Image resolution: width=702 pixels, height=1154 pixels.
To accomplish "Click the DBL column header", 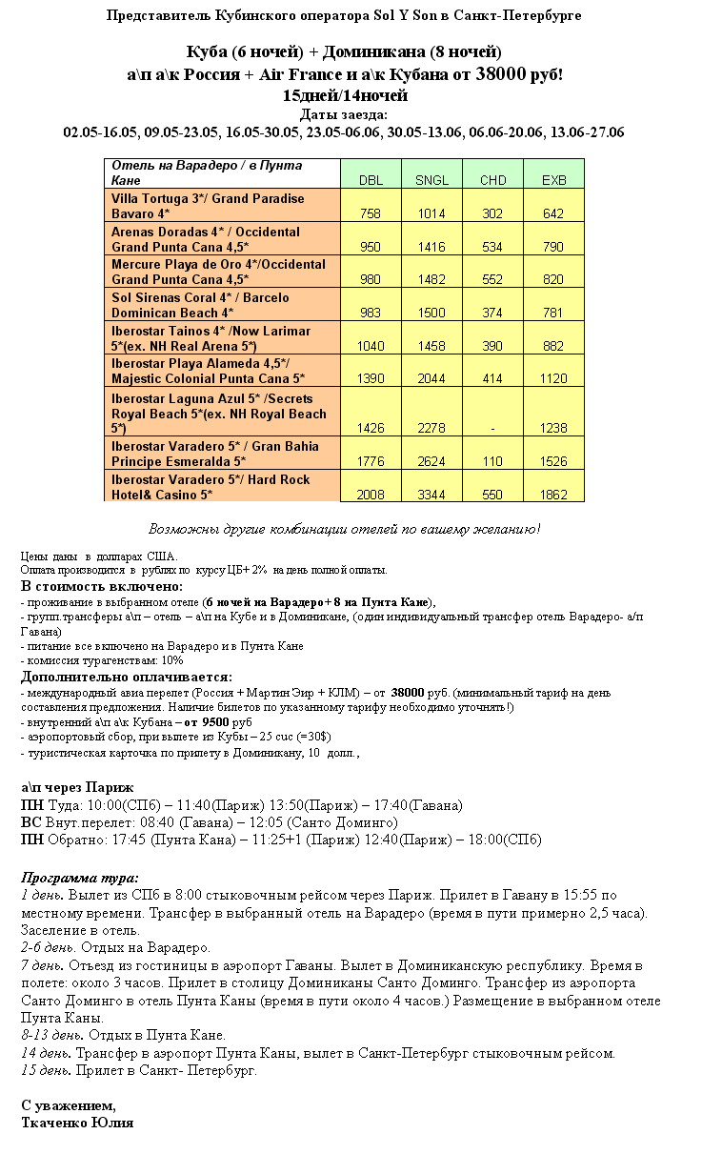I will tap(371, 180).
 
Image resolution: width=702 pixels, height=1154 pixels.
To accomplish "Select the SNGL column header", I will tap(431, 180).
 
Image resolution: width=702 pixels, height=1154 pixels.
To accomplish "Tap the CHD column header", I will tap(492, 180).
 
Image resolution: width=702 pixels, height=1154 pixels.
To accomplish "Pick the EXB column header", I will tap(553, 180).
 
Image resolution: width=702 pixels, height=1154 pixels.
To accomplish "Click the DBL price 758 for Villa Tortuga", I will tap(371, 213).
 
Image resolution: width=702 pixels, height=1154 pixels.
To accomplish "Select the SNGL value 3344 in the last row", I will tap(431, 495).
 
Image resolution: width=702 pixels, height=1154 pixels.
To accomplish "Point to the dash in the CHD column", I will tap(492, 429).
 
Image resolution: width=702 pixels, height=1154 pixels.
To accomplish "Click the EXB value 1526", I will tap(553, 462).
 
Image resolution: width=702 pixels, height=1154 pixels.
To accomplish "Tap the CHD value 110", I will tap(492, 462).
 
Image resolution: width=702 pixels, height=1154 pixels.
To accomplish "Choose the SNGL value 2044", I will tap(431, 378).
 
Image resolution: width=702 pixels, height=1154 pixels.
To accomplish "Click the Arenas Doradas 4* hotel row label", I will tap(205, 239).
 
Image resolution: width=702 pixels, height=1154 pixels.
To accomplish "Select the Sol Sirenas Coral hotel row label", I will tap(200, 305).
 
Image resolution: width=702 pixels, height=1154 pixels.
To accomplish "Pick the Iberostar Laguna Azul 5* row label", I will tap(219, 414).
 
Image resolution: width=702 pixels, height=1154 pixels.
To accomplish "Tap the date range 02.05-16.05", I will tap(100, 132).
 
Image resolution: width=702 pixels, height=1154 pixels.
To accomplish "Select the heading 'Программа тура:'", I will tap(80, 878).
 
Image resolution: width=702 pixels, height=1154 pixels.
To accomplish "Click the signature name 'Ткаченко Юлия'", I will tap(77, 1123).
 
